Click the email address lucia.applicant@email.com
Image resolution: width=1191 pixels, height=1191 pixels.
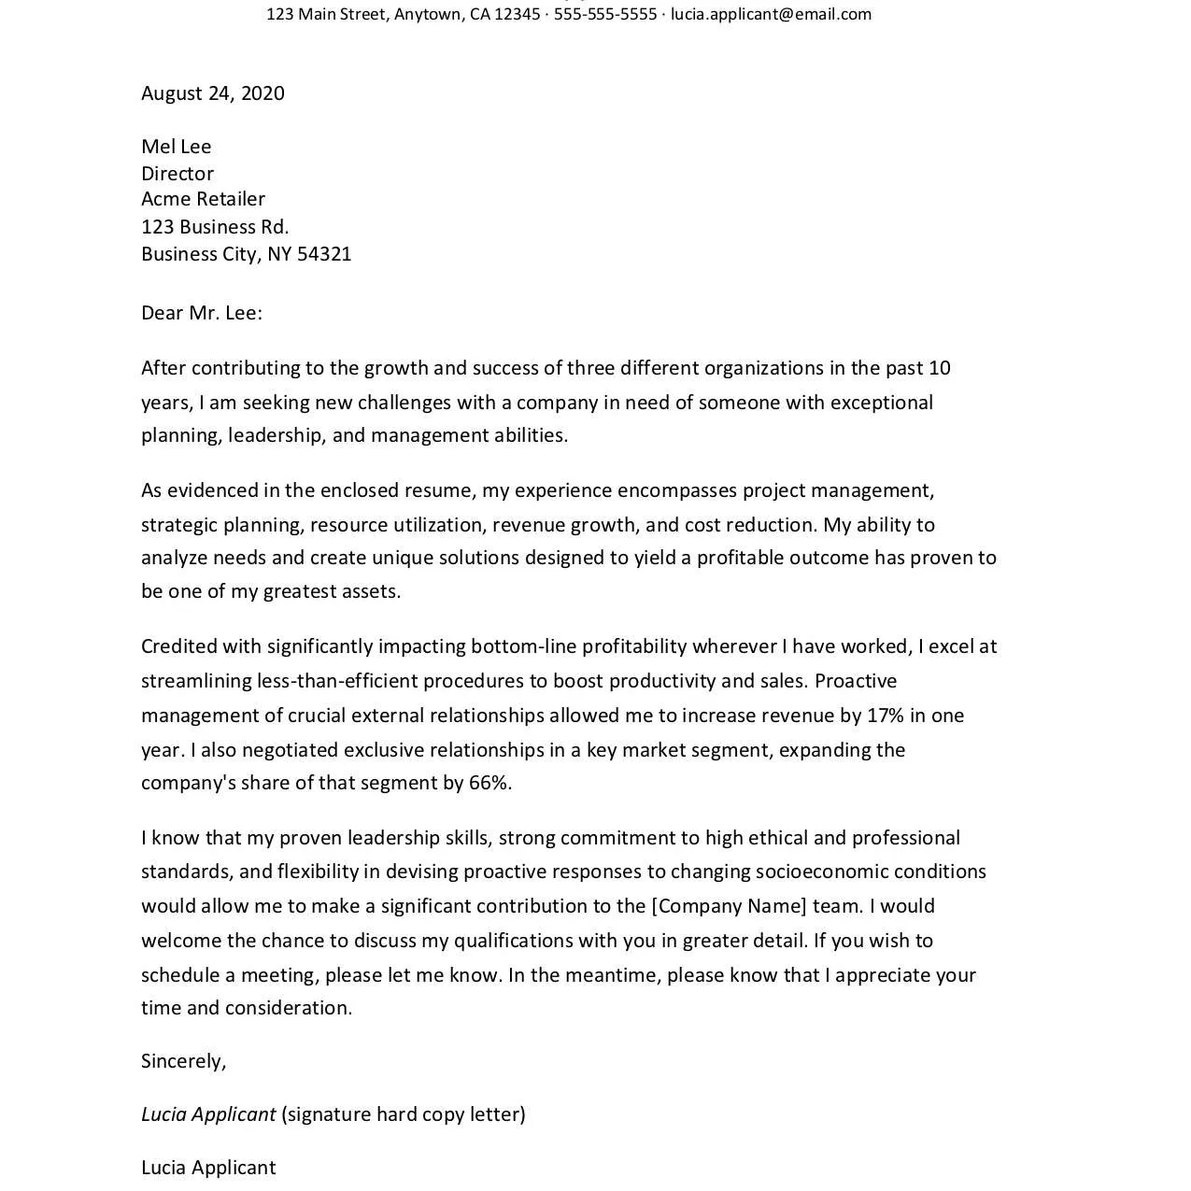[x=771, y=14]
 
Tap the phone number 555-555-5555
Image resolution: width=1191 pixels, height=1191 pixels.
[x=605, y=14]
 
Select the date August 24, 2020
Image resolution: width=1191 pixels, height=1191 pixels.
[x=213, y=93]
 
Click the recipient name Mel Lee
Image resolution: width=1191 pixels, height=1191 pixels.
[x=177, y=147]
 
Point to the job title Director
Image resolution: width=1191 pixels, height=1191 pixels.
[x=177, y=174]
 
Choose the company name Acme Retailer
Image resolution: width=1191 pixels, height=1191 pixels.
[x=203, y=199]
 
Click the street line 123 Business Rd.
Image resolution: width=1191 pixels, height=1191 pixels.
[x=215, y=227]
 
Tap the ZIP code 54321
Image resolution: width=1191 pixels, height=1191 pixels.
[x=324, y=254]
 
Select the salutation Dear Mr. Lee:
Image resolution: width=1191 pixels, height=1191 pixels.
[x=202, y=313]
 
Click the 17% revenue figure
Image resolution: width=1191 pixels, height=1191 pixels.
[x=885, y=716]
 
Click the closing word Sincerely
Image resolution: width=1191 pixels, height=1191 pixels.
[x=183, y=1061]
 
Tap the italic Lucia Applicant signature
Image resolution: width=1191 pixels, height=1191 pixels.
[x=208, y=1114]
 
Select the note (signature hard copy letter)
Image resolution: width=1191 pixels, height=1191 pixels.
[x=404, y=1114]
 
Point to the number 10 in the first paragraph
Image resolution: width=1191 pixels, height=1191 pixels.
[x=939, y=368]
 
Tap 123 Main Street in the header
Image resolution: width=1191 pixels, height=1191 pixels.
[x=326, y=14]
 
